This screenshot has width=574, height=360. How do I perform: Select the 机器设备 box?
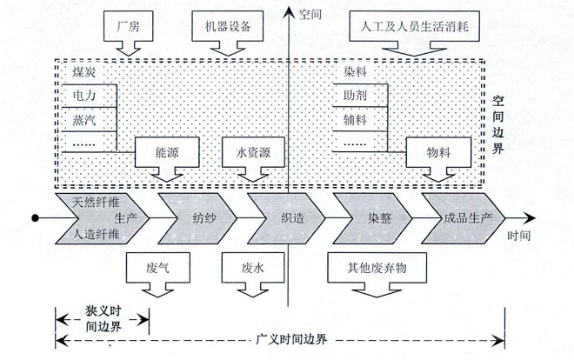(224, 26)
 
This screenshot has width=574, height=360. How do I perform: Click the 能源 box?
(166, 152)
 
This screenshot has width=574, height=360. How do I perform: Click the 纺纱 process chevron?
(198, 217)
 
